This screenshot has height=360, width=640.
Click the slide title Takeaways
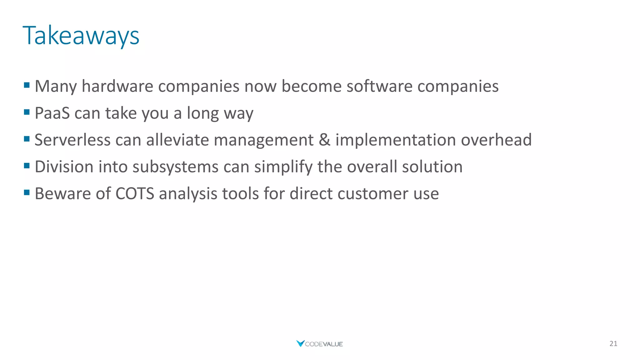81,36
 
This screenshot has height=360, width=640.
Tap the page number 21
613,344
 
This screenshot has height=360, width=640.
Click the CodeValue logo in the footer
320,344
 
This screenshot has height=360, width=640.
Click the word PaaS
52,113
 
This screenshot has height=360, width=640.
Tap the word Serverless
72,140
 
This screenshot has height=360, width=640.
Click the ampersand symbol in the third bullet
324,140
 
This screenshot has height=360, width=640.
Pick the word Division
64,167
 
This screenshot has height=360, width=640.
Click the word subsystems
175,167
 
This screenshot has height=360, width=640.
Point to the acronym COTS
135,193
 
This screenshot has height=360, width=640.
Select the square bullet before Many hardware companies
27,85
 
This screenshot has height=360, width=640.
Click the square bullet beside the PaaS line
27,112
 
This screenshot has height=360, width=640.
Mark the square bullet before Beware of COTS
27,192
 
